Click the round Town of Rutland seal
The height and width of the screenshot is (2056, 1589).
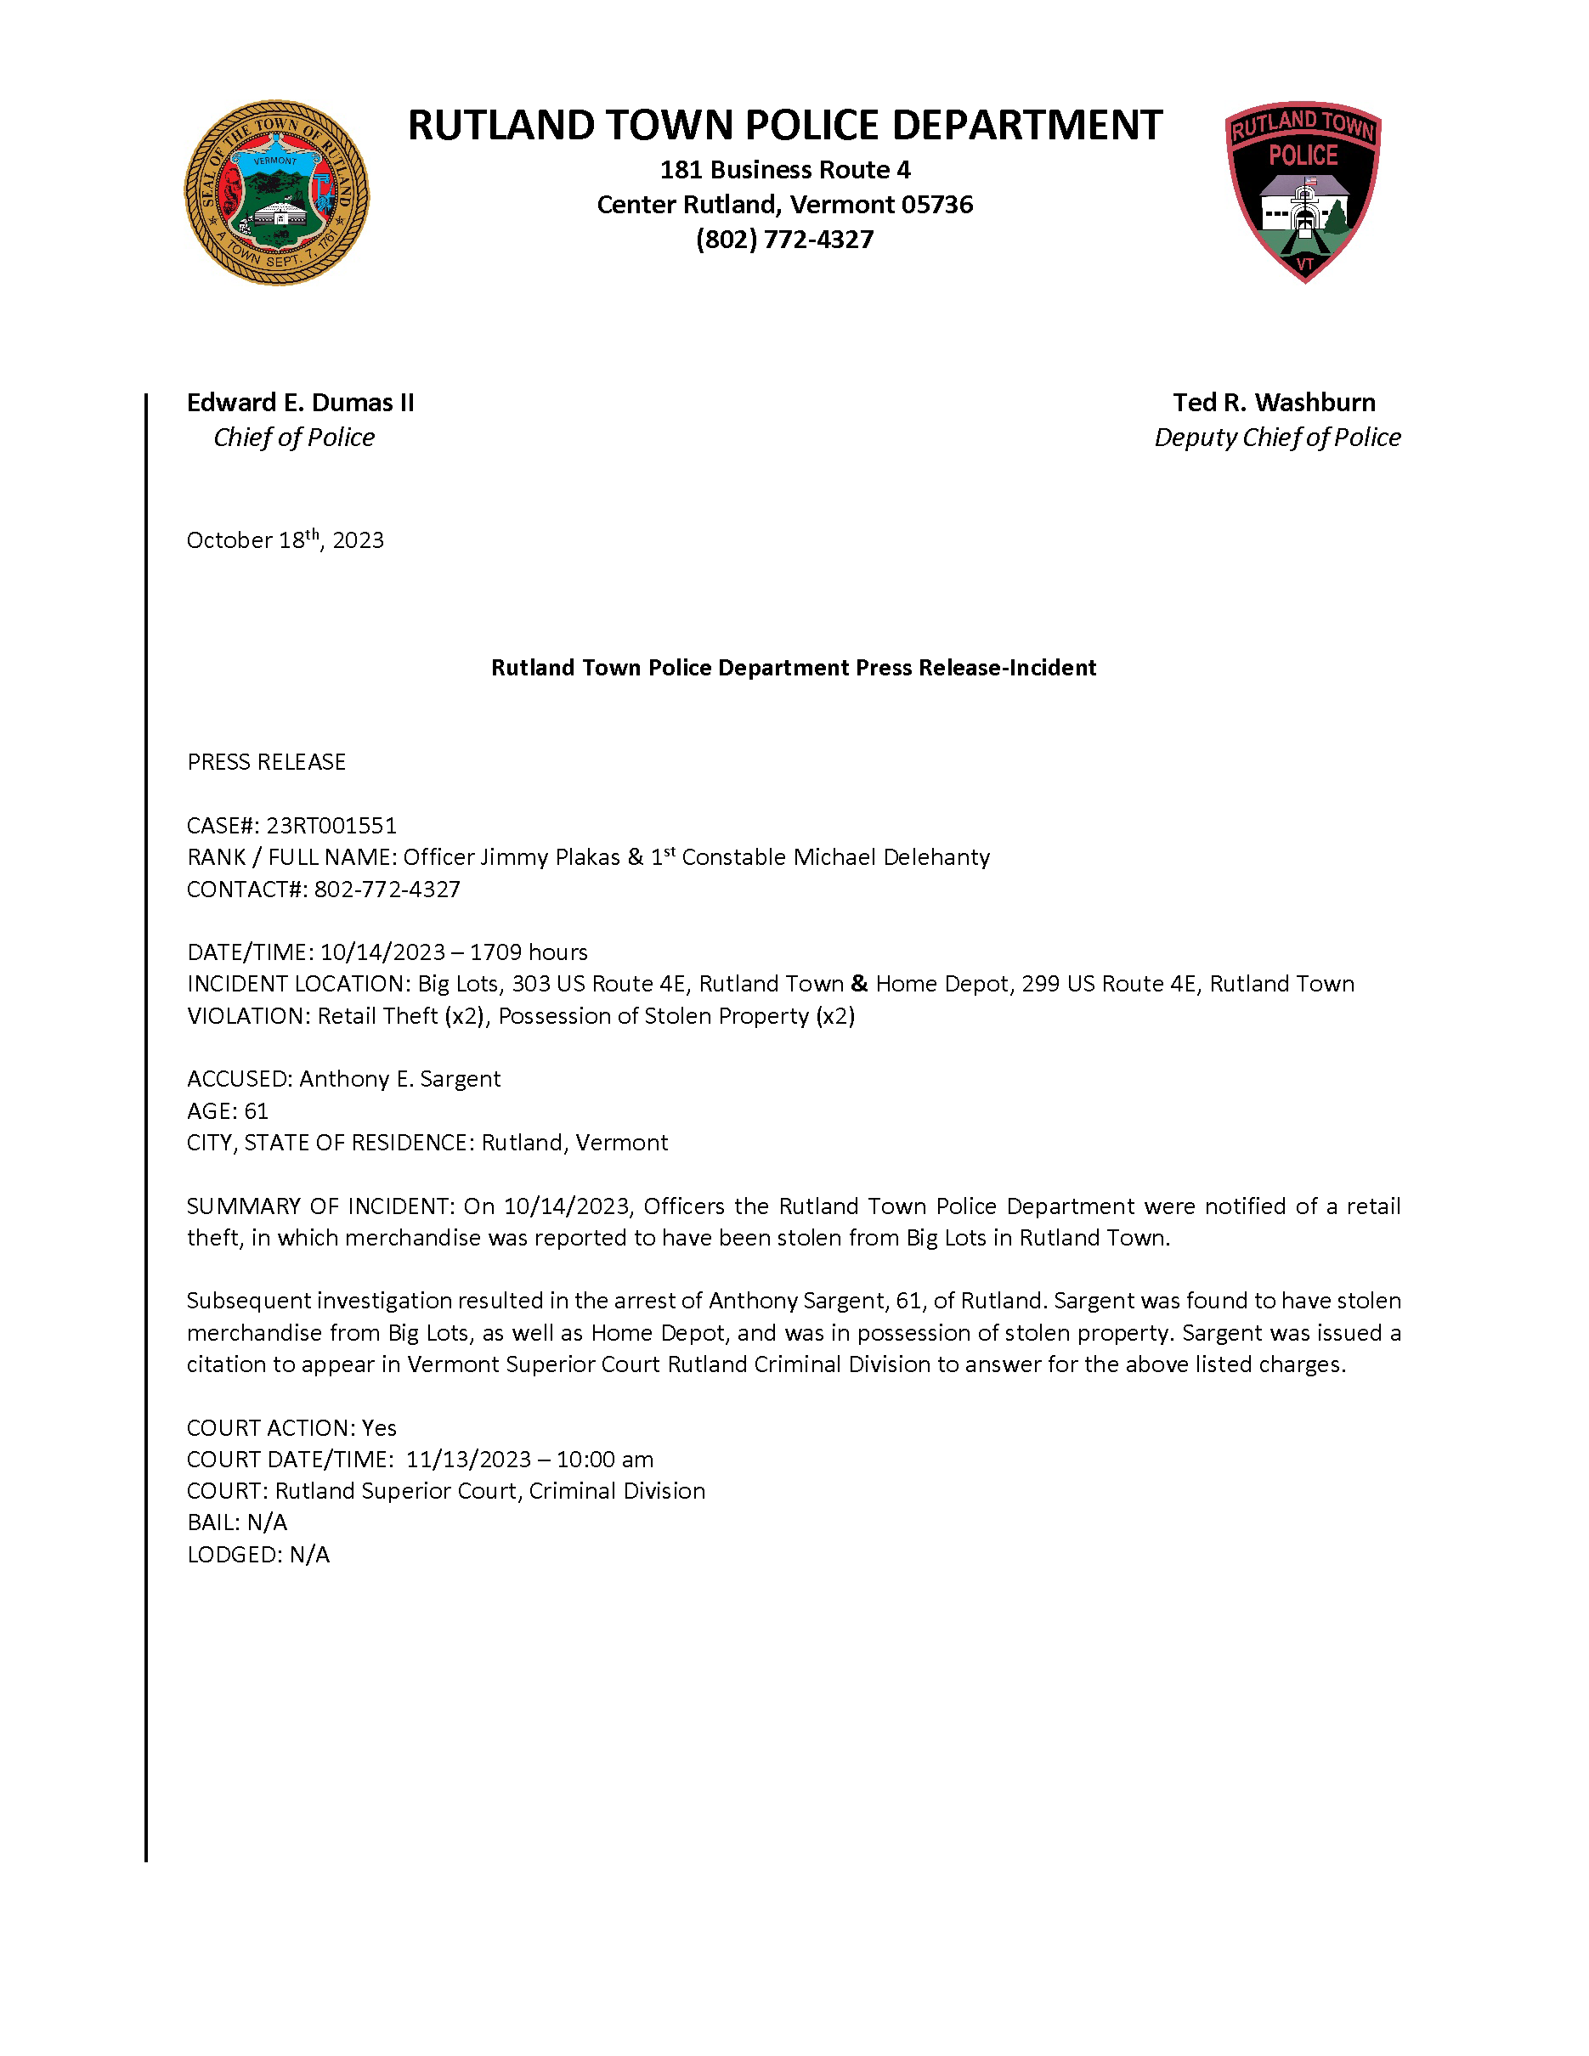[x=277, y=193]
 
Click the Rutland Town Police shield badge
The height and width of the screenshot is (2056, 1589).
[x=1303, y=191]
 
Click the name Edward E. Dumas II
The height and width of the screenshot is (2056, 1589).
[x=300, y=403]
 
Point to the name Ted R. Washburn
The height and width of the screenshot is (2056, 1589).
[x=1274, y=403]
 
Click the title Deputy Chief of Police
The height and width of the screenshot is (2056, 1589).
[x=1277, y=438]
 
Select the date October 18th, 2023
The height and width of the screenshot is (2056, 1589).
[x=286, y=540]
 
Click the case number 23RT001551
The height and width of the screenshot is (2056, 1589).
[x=331, y=826]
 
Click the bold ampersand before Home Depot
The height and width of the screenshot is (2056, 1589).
[x=859, y=984]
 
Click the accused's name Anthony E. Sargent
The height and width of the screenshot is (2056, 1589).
[x=400, y=1079]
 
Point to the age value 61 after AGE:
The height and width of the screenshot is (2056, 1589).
[x=256, y=1112]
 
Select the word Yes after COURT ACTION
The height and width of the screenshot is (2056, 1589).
[x=379, y=1428]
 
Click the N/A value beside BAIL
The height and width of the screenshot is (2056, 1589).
[x=268, y=1523]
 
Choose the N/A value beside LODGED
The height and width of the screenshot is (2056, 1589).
[x=309, y=1556]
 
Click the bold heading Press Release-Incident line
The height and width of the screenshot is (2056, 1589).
[x=794, y=669]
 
